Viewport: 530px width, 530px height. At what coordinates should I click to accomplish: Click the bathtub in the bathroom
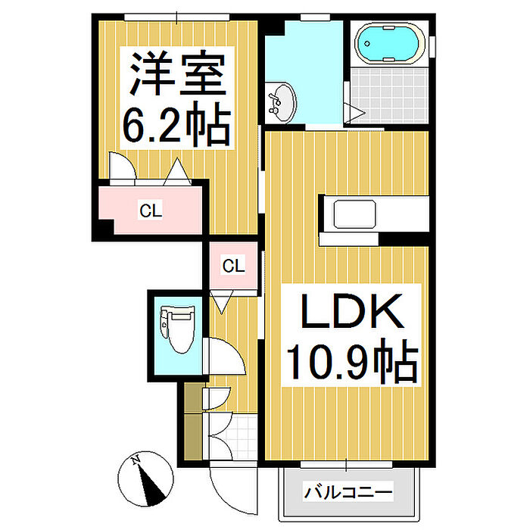click(x=390, y=43)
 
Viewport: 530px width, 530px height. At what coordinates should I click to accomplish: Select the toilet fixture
click(x=177, y=329)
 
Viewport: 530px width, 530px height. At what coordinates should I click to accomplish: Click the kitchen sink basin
click(x=354, y=214)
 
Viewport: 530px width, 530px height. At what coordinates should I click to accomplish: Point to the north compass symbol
click(x=145, y=479)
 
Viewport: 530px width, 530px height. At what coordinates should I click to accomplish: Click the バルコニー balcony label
click(x=348, y=492)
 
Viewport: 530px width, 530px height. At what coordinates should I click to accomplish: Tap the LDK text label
click(x=352, y=311)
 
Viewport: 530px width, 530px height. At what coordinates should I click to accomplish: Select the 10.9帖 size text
click(x=353, y=362)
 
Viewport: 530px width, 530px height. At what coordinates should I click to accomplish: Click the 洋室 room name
click(x=177, y=73)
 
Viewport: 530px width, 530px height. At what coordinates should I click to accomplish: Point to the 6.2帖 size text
click(x=176, y=123)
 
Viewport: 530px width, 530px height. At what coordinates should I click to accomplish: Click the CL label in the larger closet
click(x=151, y=210)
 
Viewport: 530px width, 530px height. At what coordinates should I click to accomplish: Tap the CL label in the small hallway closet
click(x=233, y=266)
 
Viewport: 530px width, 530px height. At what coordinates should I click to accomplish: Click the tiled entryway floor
click(x=241, y=438)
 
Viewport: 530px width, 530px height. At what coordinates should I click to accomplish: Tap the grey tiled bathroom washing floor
click(x=389, y=95)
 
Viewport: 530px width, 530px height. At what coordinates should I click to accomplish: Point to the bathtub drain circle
click(x=366, y=43)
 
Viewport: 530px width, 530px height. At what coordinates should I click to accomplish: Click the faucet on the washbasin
click(x=274, y=101)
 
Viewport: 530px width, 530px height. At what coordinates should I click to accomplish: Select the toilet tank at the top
click(x=164, y=321)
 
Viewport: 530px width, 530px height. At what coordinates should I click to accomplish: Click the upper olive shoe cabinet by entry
click(x=193, y=397)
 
